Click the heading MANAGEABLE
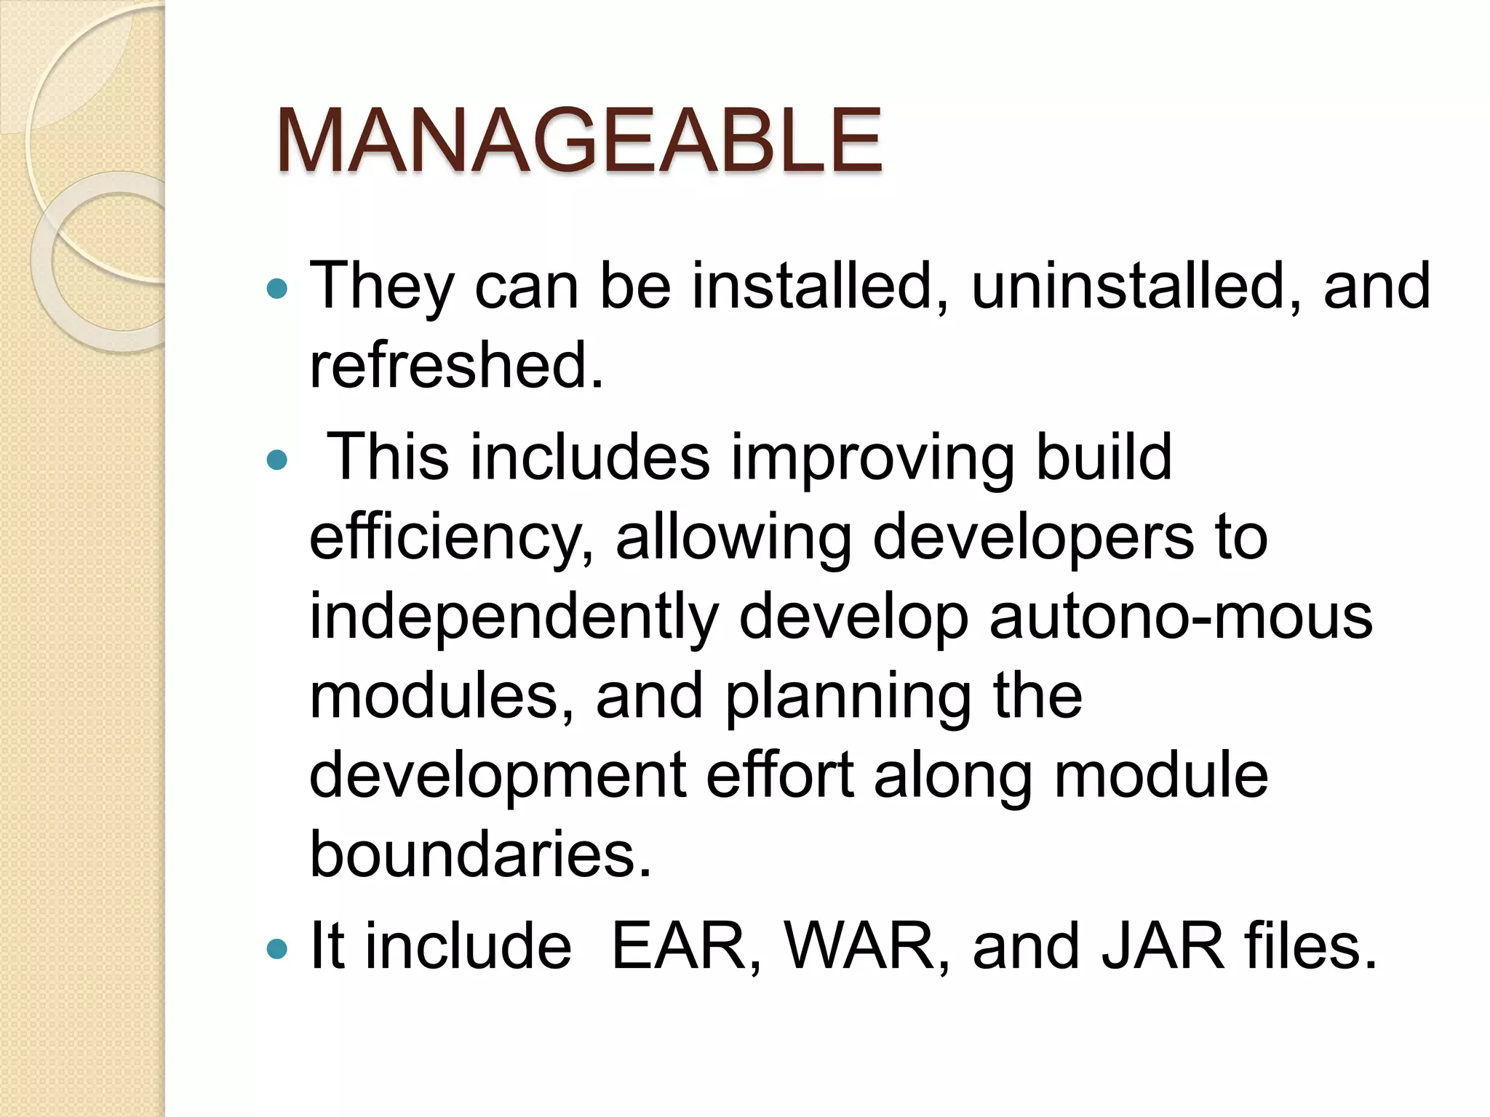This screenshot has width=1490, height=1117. pos(579,140)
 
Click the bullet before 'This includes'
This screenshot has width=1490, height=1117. pos(277,460)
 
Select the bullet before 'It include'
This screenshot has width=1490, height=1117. pos(277,948)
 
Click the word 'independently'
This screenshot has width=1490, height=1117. pos(514,617)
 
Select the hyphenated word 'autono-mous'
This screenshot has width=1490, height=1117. pos(1180,617)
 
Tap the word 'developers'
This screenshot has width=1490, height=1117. pos(1033,538)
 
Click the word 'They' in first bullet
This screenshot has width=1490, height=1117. pos(381,287)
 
